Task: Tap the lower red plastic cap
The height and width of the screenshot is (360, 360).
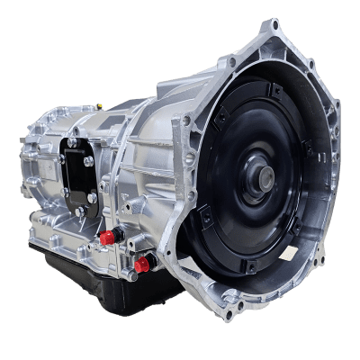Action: pyautogui.click(x=141, y=263)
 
